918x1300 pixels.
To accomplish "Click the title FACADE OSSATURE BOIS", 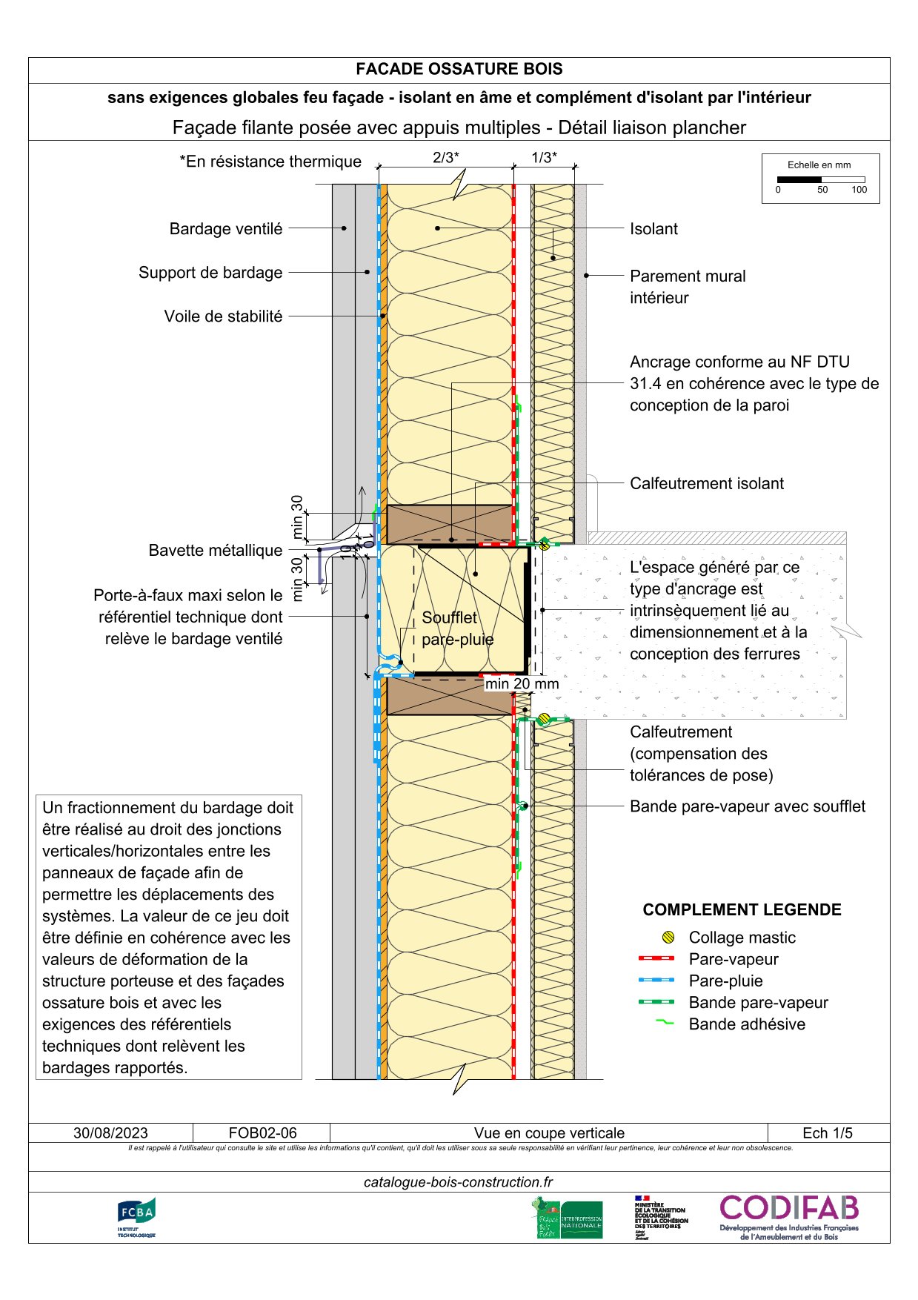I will (x=459, y=70).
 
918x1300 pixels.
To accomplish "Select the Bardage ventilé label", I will (x=226, y=229).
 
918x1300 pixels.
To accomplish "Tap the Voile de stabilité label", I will (x=223, y=316).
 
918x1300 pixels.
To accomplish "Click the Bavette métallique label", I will (x=216, y=551).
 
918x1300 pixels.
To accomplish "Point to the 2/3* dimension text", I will (x=446, y=158).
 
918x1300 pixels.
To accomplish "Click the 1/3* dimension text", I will (x=544, y=158).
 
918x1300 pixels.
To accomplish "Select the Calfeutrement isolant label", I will (x=706, y=484).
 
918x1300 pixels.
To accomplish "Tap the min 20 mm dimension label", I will (x=522, y=684).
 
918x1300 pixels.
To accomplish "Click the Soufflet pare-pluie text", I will (x=457, y=629).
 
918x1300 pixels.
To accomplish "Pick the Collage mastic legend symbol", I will (x=668, y=938).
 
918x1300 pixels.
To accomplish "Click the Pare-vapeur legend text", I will (x=734, y=960).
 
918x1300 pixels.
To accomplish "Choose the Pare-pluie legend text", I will (x=725, y=981).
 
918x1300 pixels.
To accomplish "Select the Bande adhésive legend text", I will (x=747, y=1024).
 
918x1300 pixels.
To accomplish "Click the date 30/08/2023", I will (x=110, y=1133).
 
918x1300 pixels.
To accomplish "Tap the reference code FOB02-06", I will (x=262, y=1133).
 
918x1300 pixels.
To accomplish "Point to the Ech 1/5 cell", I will (x=828, y=1133).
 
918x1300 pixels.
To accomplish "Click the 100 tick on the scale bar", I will (x=859, y=190).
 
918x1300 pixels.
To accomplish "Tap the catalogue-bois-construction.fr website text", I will (x=458, y=1182).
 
